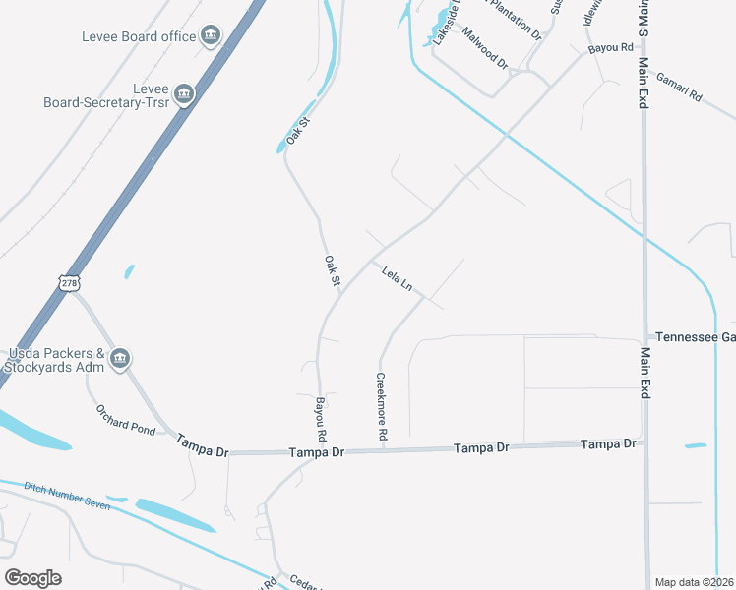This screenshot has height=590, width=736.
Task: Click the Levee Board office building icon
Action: (x=210, y=37)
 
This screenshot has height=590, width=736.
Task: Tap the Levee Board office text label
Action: (x=140, y=37)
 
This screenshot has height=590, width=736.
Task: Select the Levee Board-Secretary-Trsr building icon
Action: (x=183, y=94)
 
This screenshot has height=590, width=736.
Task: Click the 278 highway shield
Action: (x=68, y=283)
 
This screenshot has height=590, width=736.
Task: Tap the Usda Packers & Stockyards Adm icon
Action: (x=120, y=358)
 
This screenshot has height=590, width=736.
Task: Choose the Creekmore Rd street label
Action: (x=382, y=406)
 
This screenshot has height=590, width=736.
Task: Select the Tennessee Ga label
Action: (x=695, y=336)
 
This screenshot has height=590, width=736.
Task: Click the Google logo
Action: (x=32, y=578)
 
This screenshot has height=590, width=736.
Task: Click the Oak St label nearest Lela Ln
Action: (x=332, y=271)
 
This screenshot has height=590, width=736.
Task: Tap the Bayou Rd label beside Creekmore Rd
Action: (x=320, y=419)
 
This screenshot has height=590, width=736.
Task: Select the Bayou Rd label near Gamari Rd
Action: (x=609, y=47)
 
